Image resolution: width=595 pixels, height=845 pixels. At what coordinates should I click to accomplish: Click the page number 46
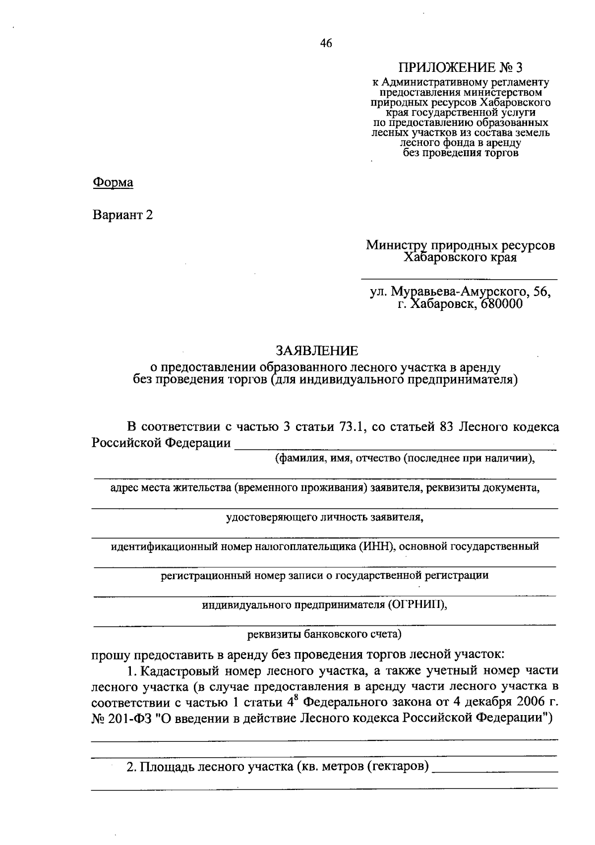click(326, 43)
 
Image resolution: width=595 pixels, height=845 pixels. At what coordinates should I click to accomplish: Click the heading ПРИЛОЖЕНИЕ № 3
click(461, 67)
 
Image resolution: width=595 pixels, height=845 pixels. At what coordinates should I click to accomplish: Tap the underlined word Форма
click(113, 182)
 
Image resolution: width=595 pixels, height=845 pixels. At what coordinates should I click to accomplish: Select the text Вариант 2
click(122, 215)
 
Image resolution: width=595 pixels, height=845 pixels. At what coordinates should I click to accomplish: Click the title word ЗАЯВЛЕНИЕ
click(317, 351)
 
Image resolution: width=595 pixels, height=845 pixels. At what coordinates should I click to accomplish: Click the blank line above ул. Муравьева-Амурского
click(459, 279)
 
